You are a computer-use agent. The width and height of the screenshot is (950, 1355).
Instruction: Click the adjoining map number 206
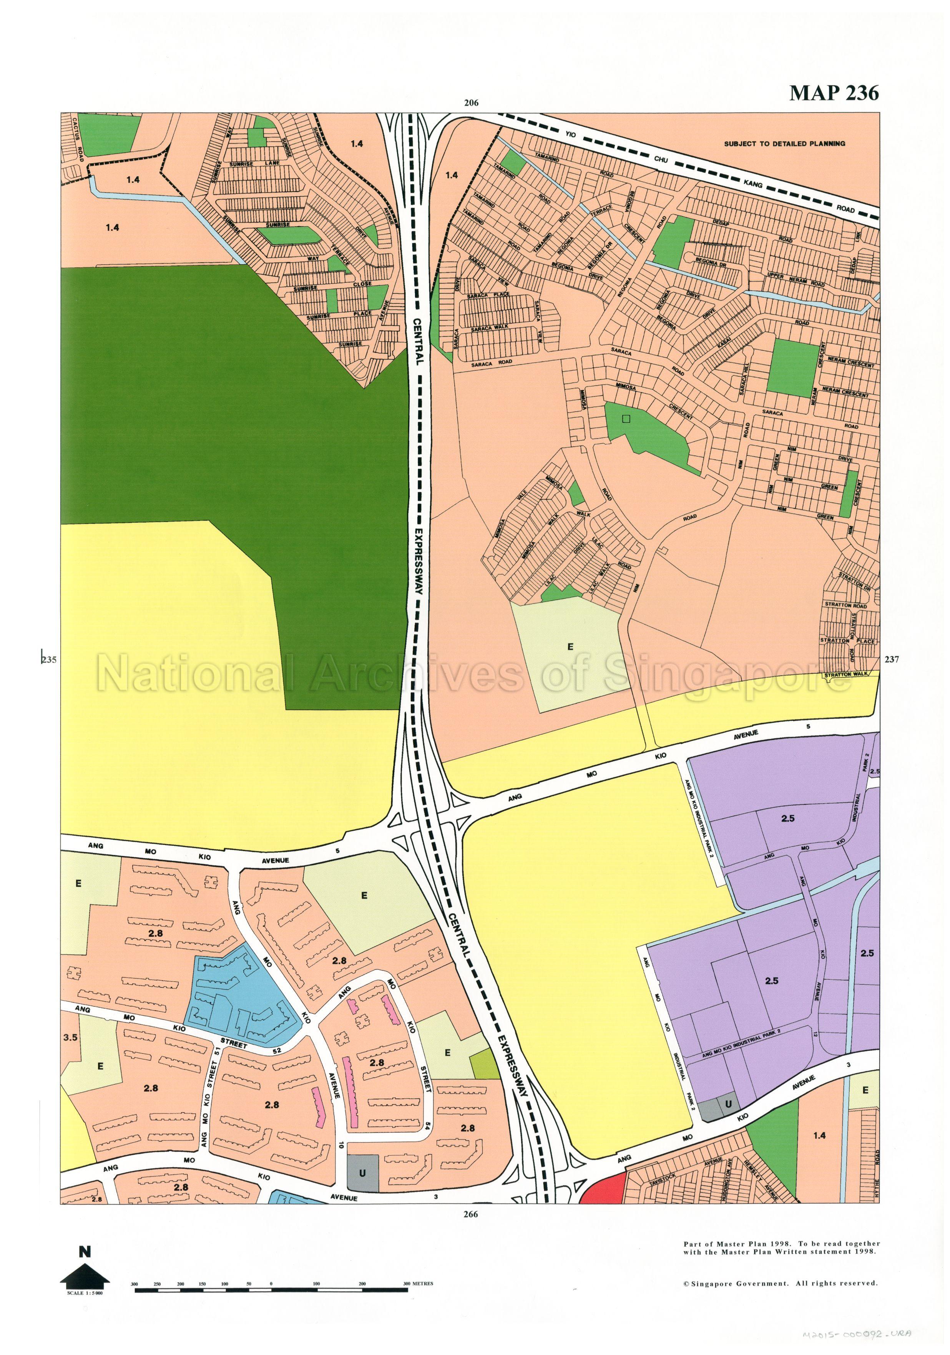click(470, 103)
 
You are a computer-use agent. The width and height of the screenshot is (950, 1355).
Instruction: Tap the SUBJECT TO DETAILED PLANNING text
click(784, 143)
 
